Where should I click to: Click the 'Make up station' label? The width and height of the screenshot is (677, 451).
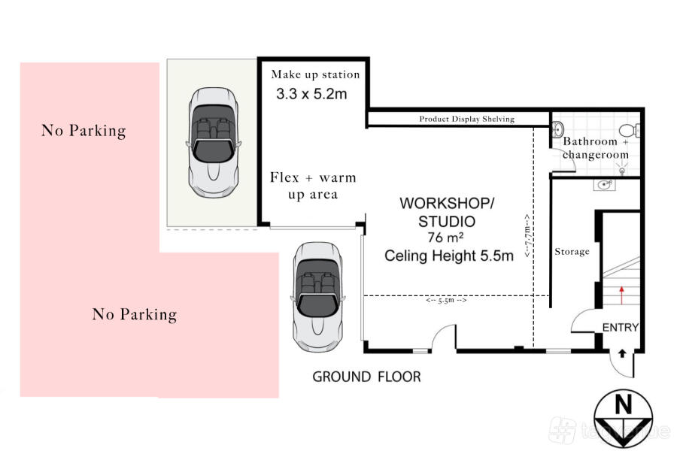click(315, 74)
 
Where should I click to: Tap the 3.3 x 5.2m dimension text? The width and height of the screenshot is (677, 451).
click(311, 94)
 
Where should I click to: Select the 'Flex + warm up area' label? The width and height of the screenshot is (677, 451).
click(313, 186)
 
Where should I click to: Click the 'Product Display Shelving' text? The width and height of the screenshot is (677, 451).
click(466, 119)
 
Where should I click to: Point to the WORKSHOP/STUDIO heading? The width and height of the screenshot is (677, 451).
click(447, 212)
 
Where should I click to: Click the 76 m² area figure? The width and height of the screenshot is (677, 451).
click(445, 238)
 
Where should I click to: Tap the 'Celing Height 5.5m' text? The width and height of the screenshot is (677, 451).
click(449, 256)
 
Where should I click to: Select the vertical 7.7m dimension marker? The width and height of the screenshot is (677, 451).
click(527, 235)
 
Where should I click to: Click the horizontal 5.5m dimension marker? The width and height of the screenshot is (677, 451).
click(446, 301)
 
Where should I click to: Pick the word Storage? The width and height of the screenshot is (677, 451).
click(572, 251)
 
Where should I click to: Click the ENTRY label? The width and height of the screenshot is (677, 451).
click(621, 328)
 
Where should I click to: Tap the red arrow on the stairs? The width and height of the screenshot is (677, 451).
click(621, 295)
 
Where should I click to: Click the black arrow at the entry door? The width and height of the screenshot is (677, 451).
click(622, 353)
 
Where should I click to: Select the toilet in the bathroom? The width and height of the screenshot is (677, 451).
click(630, 130)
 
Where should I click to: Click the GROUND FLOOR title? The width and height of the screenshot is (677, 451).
click(366, 377)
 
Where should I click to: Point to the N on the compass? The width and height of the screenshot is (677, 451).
click(623, 404)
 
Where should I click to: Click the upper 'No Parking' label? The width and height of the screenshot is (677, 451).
click(83, 130)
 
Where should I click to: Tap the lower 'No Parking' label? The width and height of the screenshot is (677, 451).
click(135, 314)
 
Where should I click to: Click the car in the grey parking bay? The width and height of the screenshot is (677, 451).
click(214, 142)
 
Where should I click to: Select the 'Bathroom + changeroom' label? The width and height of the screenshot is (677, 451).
click(596, 147)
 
